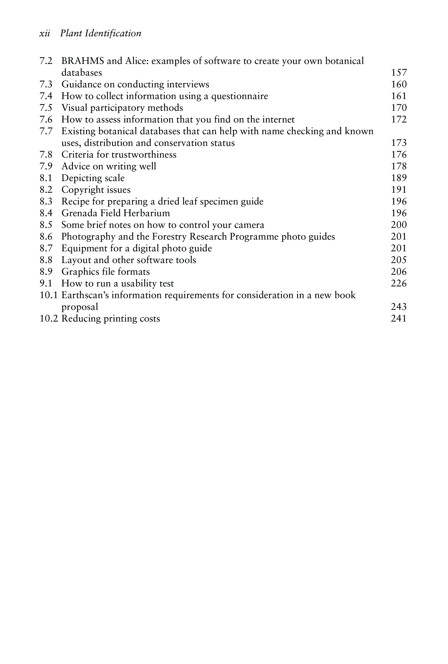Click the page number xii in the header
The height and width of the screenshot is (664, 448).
click(x=44, y=33)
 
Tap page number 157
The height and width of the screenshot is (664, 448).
click(x=399, y=73)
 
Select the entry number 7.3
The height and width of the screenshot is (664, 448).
click(x=46, y=84)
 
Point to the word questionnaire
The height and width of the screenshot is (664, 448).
click(x=239, y=96)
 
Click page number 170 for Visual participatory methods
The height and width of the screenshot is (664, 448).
click(x=399, y=108)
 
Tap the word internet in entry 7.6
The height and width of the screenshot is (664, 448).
click(x=278, y=119)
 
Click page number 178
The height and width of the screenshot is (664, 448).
click(x=399, y=166)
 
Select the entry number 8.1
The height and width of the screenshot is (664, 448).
click(x=46, y=178)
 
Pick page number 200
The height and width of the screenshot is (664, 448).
click(x=399, y=225)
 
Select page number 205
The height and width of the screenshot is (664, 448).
click(x=399, y=260)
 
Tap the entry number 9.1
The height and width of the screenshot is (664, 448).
click(x=46, y=283)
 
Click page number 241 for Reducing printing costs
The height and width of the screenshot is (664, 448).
click(x=399, y=319)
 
